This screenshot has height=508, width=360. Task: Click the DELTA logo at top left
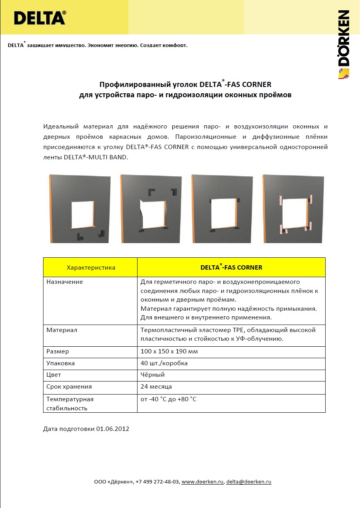point(40,18)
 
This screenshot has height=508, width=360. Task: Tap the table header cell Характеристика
point(91,268)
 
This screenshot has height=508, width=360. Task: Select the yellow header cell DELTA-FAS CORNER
point(231,268)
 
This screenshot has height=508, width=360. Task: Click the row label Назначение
point(65,282)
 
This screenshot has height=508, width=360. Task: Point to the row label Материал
point(62,330)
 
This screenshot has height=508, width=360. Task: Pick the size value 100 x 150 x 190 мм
point(169,351)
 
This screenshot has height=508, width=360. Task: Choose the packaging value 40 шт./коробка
point(164,363)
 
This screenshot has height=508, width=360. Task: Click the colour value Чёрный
point(153,375)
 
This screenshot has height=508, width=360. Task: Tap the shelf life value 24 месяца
point(156,387)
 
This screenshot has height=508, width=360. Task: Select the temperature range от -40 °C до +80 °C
point(168,399)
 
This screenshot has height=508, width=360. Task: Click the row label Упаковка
point(60,363)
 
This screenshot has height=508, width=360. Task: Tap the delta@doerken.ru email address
point(249,482)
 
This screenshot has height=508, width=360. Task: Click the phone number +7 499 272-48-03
point(157,482)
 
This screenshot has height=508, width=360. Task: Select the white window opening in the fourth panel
point(294,214)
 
